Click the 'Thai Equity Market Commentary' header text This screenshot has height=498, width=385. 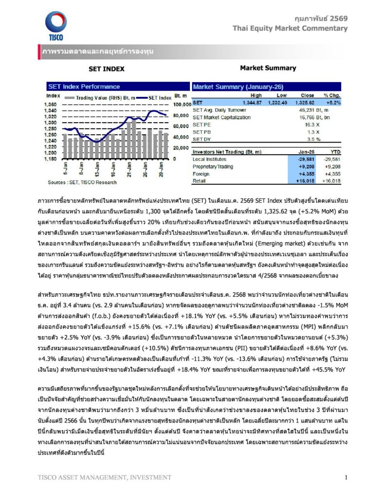coord(290,28)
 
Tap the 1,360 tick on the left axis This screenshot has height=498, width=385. coord(51,105)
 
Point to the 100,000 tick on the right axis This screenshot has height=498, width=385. coord(181,105)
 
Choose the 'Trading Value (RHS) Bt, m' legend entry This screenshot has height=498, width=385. coord(97,97)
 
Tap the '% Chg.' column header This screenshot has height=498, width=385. coord(332,96)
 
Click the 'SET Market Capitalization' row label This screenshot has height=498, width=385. coord(222,117)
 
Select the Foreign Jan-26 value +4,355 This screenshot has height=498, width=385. coord(306,173)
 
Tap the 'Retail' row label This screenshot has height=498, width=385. coord(200,180)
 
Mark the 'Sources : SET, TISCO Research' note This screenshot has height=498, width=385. coord(82,182)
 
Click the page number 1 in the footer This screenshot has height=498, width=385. coord(346,477)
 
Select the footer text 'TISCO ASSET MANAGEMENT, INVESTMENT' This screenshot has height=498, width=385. coord(104,478)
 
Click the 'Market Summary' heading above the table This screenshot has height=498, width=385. coord(261,68)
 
